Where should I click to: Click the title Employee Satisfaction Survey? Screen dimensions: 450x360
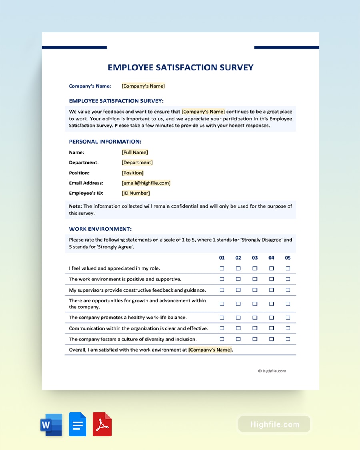(x=180, y=68)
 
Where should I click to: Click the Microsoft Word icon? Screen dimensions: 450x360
(x=51, y=424)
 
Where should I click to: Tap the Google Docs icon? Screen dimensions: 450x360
(x=78, y=424)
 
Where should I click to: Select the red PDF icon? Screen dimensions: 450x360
(x=102, y=424)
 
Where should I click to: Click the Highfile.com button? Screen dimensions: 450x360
(x=274, y=424)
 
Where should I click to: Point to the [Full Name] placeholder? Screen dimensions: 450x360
(x=135, y=152)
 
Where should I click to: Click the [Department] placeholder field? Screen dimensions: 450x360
(x=137, y=162)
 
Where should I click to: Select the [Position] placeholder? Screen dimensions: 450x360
(x=132, y=173)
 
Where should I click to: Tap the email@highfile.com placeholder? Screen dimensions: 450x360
(x=146, y=183)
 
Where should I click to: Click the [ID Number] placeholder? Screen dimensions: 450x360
(x=136, y=193)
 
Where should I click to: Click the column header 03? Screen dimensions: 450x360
(x=255, y=258)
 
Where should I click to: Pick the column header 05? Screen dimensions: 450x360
(x=288, y=258)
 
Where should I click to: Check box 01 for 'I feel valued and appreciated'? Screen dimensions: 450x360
(x=222, y=268)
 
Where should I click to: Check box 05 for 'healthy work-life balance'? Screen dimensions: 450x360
(x=288, y=318)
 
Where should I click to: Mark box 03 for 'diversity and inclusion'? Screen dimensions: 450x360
(x=255, y=339)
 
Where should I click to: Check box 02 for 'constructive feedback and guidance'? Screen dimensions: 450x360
(x=238, y=290)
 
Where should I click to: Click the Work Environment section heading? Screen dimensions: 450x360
(x=100, y=229)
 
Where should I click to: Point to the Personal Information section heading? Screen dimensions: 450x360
(x=105, y=142)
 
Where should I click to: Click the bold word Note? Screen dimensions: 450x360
(x=75, y=206)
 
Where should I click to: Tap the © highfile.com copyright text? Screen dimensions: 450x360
(x=272, y=371)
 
